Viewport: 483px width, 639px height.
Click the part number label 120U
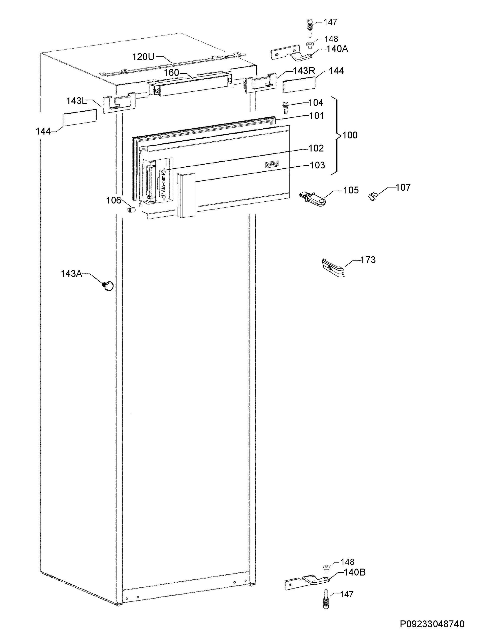(x=143, y=57)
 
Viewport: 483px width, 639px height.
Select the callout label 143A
(x=71, y=274)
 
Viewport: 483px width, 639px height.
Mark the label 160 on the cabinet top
(x=172, y=73)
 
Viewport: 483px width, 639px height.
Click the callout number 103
(x=317, y=165)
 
